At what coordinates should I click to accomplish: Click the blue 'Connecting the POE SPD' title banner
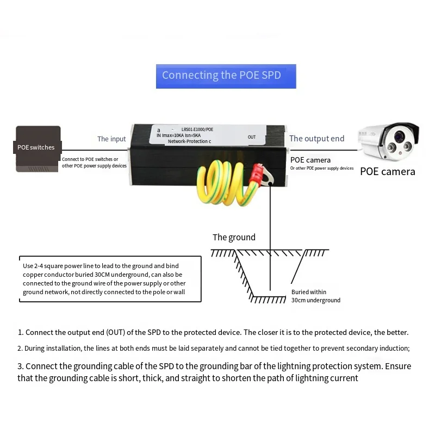click(x=226, y=76)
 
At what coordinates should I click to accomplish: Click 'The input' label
click(x=111, y=139)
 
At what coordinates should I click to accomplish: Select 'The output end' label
click(x=316, y=139)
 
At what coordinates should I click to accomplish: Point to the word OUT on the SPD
click(x=252, y=137)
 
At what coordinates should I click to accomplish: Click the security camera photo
click(x=389, y=142)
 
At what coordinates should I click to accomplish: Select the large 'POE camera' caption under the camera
click(x=387, y=172)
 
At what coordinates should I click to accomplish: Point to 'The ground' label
click(x=234, y=237)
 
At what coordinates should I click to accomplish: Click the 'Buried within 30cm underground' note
click(x=315, y=296)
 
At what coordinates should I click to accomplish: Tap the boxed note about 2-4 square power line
click(x=110, y=279)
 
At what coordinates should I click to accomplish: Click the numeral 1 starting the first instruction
click(x=20, y=332)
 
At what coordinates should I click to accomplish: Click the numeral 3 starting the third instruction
click(x=20, y=366)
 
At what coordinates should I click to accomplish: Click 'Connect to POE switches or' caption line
click(x=90, y=160)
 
